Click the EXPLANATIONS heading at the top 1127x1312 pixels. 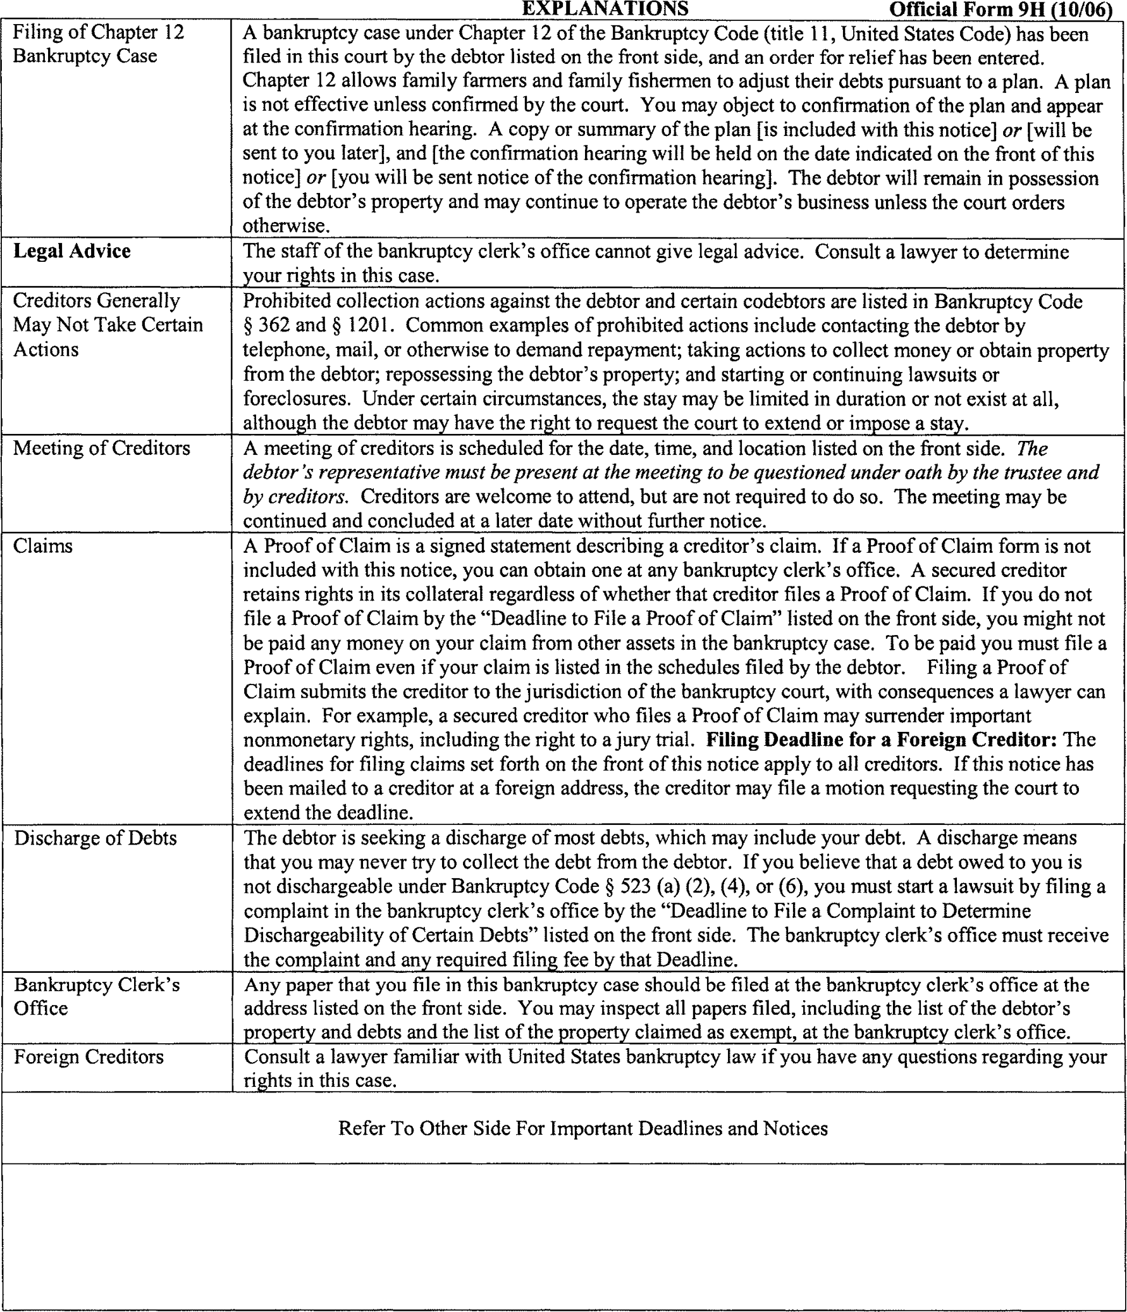(605, 9)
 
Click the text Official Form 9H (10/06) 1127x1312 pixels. (1001, 10)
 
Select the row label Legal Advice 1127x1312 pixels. (72, 251)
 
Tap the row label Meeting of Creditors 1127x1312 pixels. (101, 449)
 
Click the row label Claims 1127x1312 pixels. (43, 546)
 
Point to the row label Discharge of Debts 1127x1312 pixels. (95, 838)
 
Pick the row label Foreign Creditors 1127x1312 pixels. (89, 1057)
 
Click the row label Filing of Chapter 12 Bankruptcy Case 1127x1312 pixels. (98, 44)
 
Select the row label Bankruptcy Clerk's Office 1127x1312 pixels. (96, 997)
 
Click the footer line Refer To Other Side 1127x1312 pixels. (582, 1129)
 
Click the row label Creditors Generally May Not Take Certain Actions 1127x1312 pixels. (108, 325)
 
